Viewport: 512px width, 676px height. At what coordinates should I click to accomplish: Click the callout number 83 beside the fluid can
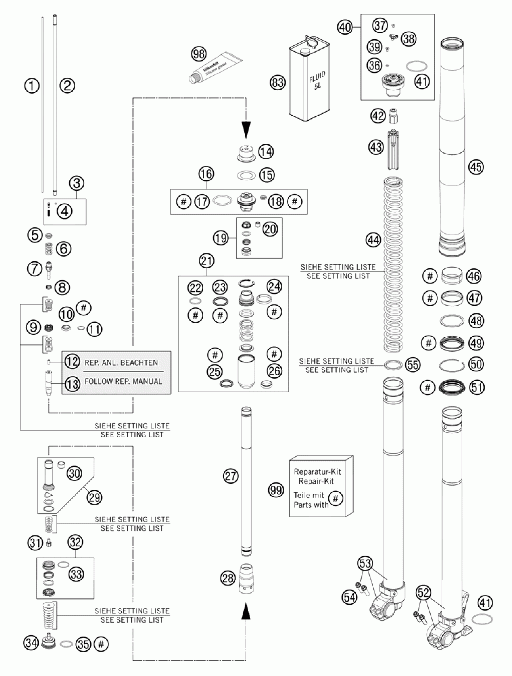[x=278, y=82]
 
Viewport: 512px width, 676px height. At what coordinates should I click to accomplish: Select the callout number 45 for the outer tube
[x=476, y=167]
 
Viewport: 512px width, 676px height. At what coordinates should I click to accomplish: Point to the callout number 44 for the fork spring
[x=373, y=240]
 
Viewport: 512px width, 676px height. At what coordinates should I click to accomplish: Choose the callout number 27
[x=231, y=475]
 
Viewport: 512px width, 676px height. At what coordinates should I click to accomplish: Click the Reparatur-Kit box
[x=321, y=486]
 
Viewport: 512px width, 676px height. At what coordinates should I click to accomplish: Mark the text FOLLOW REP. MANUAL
[x=123, y=381]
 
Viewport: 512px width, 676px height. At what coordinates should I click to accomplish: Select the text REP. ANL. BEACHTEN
[x=121, y=363]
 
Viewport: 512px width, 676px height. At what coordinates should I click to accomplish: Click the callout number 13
[x=73, y=383]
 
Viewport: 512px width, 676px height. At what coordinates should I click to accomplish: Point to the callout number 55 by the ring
[x=413, y=365]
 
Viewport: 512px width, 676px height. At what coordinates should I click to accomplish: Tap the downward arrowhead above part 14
[x=246, y=130]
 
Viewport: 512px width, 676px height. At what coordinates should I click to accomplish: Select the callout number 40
[x=345, y=27]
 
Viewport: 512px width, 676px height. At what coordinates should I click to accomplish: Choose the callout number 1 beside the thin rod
[x=32, y=86]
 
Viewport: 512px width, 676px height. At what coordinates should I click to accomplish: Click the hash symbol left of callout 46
[x=430, y=276]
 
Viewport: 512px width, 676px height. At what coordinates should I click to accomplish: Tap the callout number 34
[x=31, y=643]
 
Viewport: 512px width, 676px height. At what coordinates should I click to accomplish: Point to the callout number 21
[x=206, y=261]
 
